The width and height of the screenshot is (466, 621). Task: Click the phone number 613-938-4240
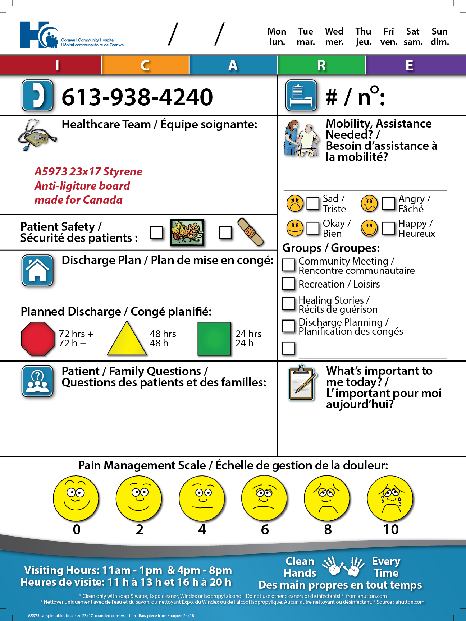click(x=137, y=97)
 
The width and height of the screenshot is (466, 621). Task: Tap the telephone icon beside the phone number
click(x=37, y=95)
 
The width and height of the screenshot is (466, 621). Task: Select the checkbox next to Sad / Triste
click(x=313, y=203)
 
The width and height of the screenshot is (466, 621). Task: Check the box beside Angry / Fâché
click(x=388, y=203)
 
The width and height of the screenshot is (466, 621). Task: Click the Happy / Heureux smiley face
click(x=369, y=228)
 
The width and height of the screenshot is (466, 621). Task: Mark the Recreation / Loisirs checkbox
click(x=288, y=284)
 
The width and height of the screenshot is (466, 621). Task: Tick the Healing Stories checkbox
click(x=288, y=303)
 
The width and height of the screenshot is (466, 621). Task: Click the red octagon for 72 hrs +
click(x=38, y=339)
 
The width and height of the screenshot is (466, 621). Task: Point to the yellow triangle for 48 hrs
click(x=127, y=339)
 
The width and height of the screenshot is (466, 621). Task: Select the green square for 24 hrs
click(x=214, y=339)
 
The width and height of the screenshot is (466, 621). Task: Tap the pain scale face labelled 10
click(x=390, y=498)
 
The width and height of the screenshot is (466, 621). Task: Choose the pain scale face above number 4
click(x=202, y=498)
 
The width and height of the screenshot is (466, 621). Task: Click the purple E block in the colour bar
click(x=416, y=65)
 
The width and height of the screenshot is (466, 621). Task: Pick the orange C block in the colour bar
click(x=145, y=65)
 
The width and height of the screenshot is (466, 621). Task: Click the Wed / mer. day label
click(x=334, y=37)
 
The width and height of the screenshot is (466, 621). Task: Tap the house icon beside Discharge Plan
click(x=37, y=270)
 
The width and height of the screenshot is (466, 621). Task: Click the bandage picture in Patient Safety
click(x=251, y=232)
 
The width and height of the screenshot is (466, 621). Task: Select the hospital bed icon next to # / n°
click(x=301, y=95)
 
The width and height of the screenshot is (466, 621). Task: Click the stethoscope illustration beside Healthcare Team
click(x=37, y=135)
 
